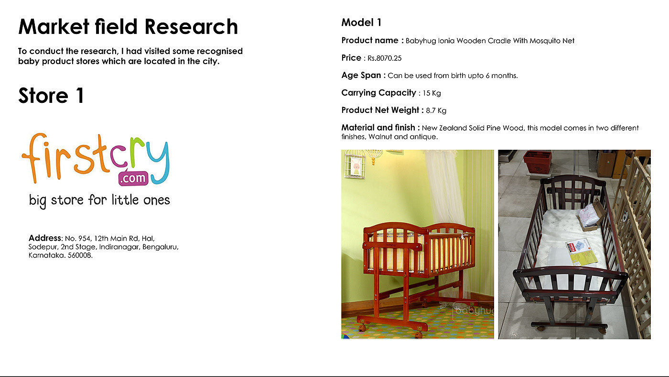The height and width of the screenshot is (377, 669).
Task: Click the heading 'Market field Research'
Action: [128, 27]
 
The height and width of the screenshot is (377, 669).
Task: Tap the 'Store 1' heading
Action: [51, 96]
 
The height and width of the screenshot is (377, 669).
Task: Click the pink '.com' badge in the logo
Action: [133, 178]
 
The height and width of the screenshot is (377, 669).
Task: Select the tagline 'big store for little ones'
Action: [99, 200]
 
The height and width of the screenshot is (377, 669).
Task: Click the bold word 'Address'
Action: [45, 238]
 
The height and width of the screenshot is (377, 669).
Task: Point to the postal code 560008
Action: [80, 255]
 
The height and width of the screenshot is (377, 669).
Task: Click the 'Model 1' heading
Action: [361, 22]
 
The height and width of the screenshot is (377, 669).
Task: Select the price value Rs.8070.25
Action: [384, 58]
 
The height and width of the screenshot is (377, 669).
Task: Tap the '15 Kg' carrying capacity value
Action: [432, 93]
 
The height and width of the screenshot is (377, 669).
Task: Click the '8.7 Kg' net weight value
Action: [436, 111]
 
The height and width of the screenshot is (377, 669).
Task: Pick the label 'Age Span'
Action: [361, 75]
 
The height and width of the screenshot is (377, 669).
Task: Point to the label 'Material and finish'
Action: [378, 128]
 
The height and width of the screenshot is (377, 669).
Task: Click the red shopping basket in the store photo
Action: [537, 161]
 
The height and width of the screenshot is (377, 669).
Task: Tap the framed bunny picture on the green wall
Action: [355, 166]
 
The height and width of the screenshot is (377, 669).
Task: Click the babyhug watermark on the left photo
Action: [474, 311]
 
